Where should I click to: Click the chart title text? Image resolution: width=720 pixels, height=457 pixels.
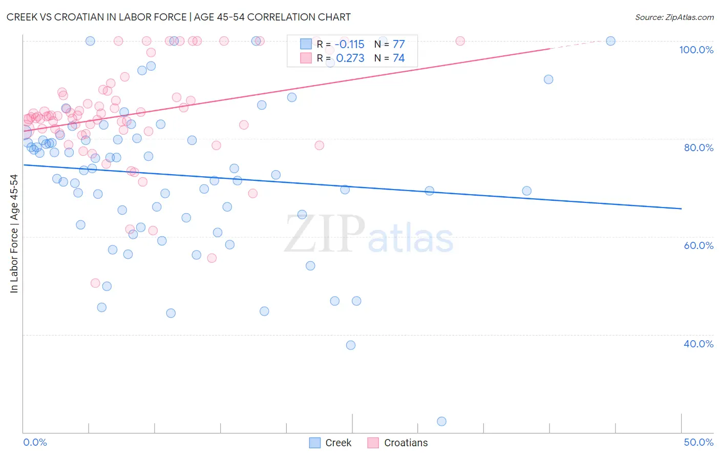(x=179, y=17)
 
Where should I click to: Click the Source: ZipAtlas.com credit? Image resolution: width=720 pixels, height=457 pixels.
(x=674, y=17)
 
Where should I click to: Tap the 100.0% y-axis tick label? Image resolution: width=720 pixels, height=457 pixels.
(x=696, y=50)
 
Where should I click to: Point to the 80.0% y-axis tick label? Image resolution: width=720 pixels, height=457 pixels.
(x=698, y=148)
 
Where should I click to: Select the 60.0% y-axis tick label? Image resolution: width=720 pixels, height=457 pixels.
(x=698, y=245)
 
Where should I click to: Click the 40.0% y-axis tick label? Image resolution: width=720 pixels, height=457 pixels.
(x=698, y=344)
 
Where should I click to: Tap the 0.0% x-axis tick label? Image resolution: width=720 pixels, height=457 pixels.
(x=35, y=442)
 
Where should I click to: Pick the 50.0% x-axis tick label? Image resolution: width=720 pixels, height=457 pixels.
(x=698, y=442)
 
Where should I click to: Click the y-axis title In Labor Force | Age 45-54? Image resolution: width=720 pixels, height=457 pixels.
(x=14, y=234)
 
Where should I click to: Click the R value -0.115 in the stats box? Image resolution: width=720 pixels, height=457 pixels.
(x=350, y=45)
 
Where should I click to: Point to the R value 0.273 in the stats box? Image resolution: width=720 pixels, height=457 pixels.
(x=350, y=58)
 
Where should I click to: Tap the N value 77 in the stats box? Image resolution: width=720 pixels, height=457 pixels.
(x=398, y=45)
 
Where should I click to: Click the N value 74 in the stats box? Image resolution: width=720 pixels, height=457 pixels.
(x=398, y=58)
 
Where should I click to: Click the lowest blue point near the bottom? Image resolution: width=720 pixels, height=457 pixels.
(x=441, y=421)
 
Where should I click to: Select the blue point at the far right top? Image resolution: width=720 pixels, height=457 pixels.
(x=610, y=41)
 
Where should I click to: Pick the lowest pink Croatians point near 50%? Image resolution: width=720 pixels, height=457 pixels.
(x=95, y=283)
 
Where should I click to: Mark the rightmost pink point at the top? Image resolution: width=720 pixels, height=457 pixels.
(x=460, y=41)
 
